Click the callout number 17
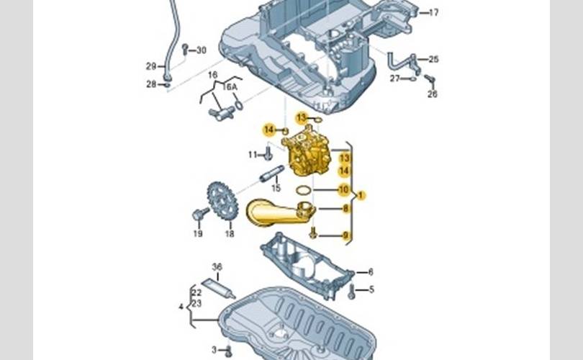[433, 13]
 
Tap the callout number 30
[201, 50]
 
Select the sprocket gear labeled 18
[222, 201]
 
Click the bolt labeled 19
[200, 213]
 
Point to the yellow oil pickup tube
[279, 212]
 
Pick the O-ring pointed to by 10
[304, 190]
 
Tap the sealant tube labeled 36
[219, 287]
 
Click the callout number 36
[217, 266]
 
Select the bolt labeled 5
[351, 292]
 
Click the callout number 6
[371, 272]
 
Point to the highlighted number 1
[361, 195]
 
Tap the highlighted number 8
[345, 209]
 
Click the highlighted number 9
[345, 235]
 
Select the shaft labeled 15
[272, 174]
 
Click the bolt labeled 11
[268, 153]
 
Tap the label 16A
[230, 87]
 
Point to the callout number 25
[433, 59]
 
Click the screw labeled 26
[430, 79]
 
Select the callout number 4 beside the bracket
[181, 307]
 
